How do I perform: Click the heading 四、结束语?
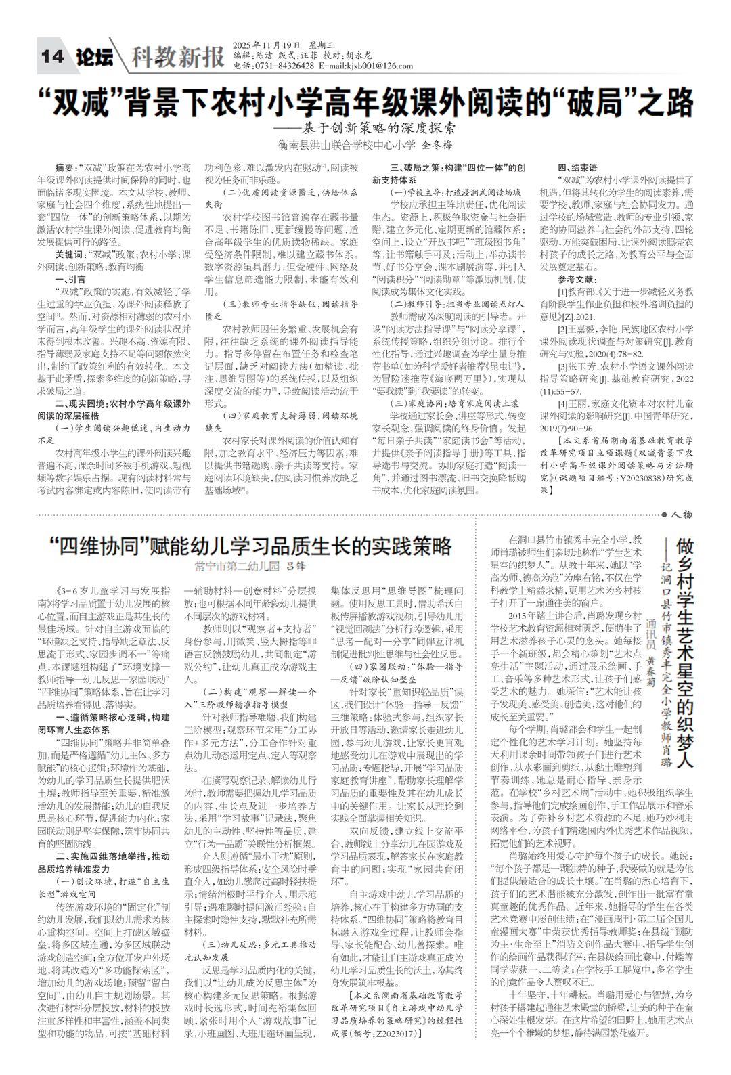pyautogui.click(x=577, y=167)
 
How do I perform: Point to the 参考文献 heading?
pyautogui.click(x=578, y=279)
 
